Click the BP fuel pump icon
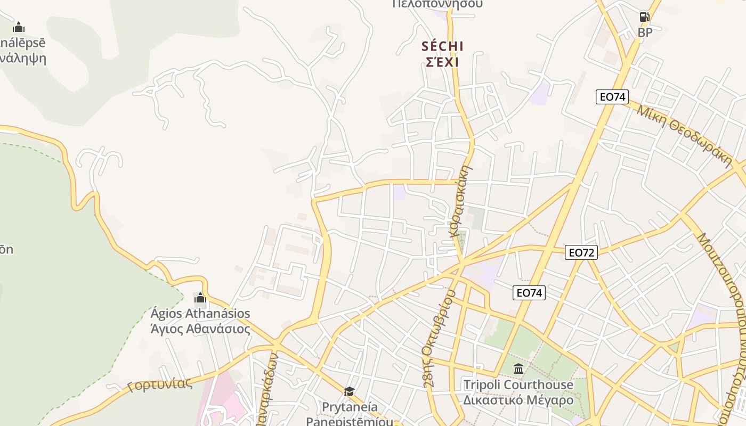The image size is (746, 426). point(645,17)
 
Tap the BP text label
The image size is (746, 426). point(645,32)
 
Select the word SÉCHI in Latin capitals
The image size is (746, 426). point(442,46)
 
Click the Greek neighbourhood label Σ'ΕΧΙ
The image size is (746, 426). point(442,62)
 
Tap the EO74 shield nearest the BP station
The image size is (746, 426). point(612,97)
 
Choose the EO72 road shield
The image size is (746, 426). point(581,252)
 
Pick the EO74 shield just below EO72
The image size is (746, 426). point(529,292)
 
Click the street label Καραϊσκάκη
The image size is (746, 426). point(461,201)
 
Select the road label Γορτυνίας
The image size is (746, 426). point(159,384)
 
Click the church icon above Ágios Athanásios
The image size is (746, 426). point(200,298)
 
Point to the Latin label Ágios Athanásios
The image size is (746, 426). point(200,313)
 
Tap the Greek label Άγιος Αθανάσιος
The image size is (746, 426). point(200,329)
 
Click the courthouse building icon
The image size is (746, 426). point(518,368)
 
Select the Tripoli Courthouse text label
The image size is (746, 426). point(518,384)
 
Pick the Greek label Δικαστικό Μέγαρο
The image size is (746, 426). point(518,400)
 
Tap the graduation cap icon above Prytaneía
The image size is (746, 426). point(349,392)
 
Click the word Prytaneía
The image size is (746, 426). point(350,407)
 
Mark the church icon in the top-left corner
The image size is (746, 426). point(19,27)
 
